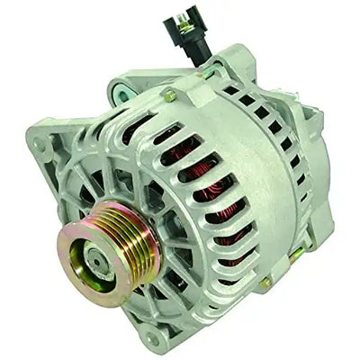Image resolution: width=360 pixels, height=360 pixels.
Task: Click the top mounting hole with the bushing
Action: point(121,87)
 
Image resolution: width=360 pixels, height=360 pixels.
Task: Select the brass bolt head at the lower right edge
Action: point(266,282)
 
